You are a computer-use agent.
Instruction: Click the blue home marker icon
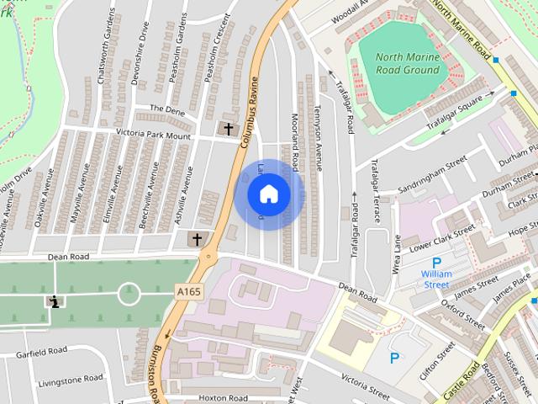click(x=268, y=194)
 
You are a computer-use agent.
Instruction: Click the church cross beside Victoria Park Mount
click(x=227, y=129)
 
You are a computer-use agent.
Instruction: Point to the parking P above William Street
click(x=436, y=262)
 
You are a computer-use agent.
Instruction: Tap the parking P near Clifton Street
click(x=394, y=358)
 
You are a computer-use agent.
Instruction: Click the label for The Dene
click(x=166, y=109)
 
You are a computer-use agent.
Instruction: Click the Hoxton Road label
click(x=224, y=397)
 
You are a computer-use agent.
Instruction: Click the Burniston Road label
click(x=155, y=370)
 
